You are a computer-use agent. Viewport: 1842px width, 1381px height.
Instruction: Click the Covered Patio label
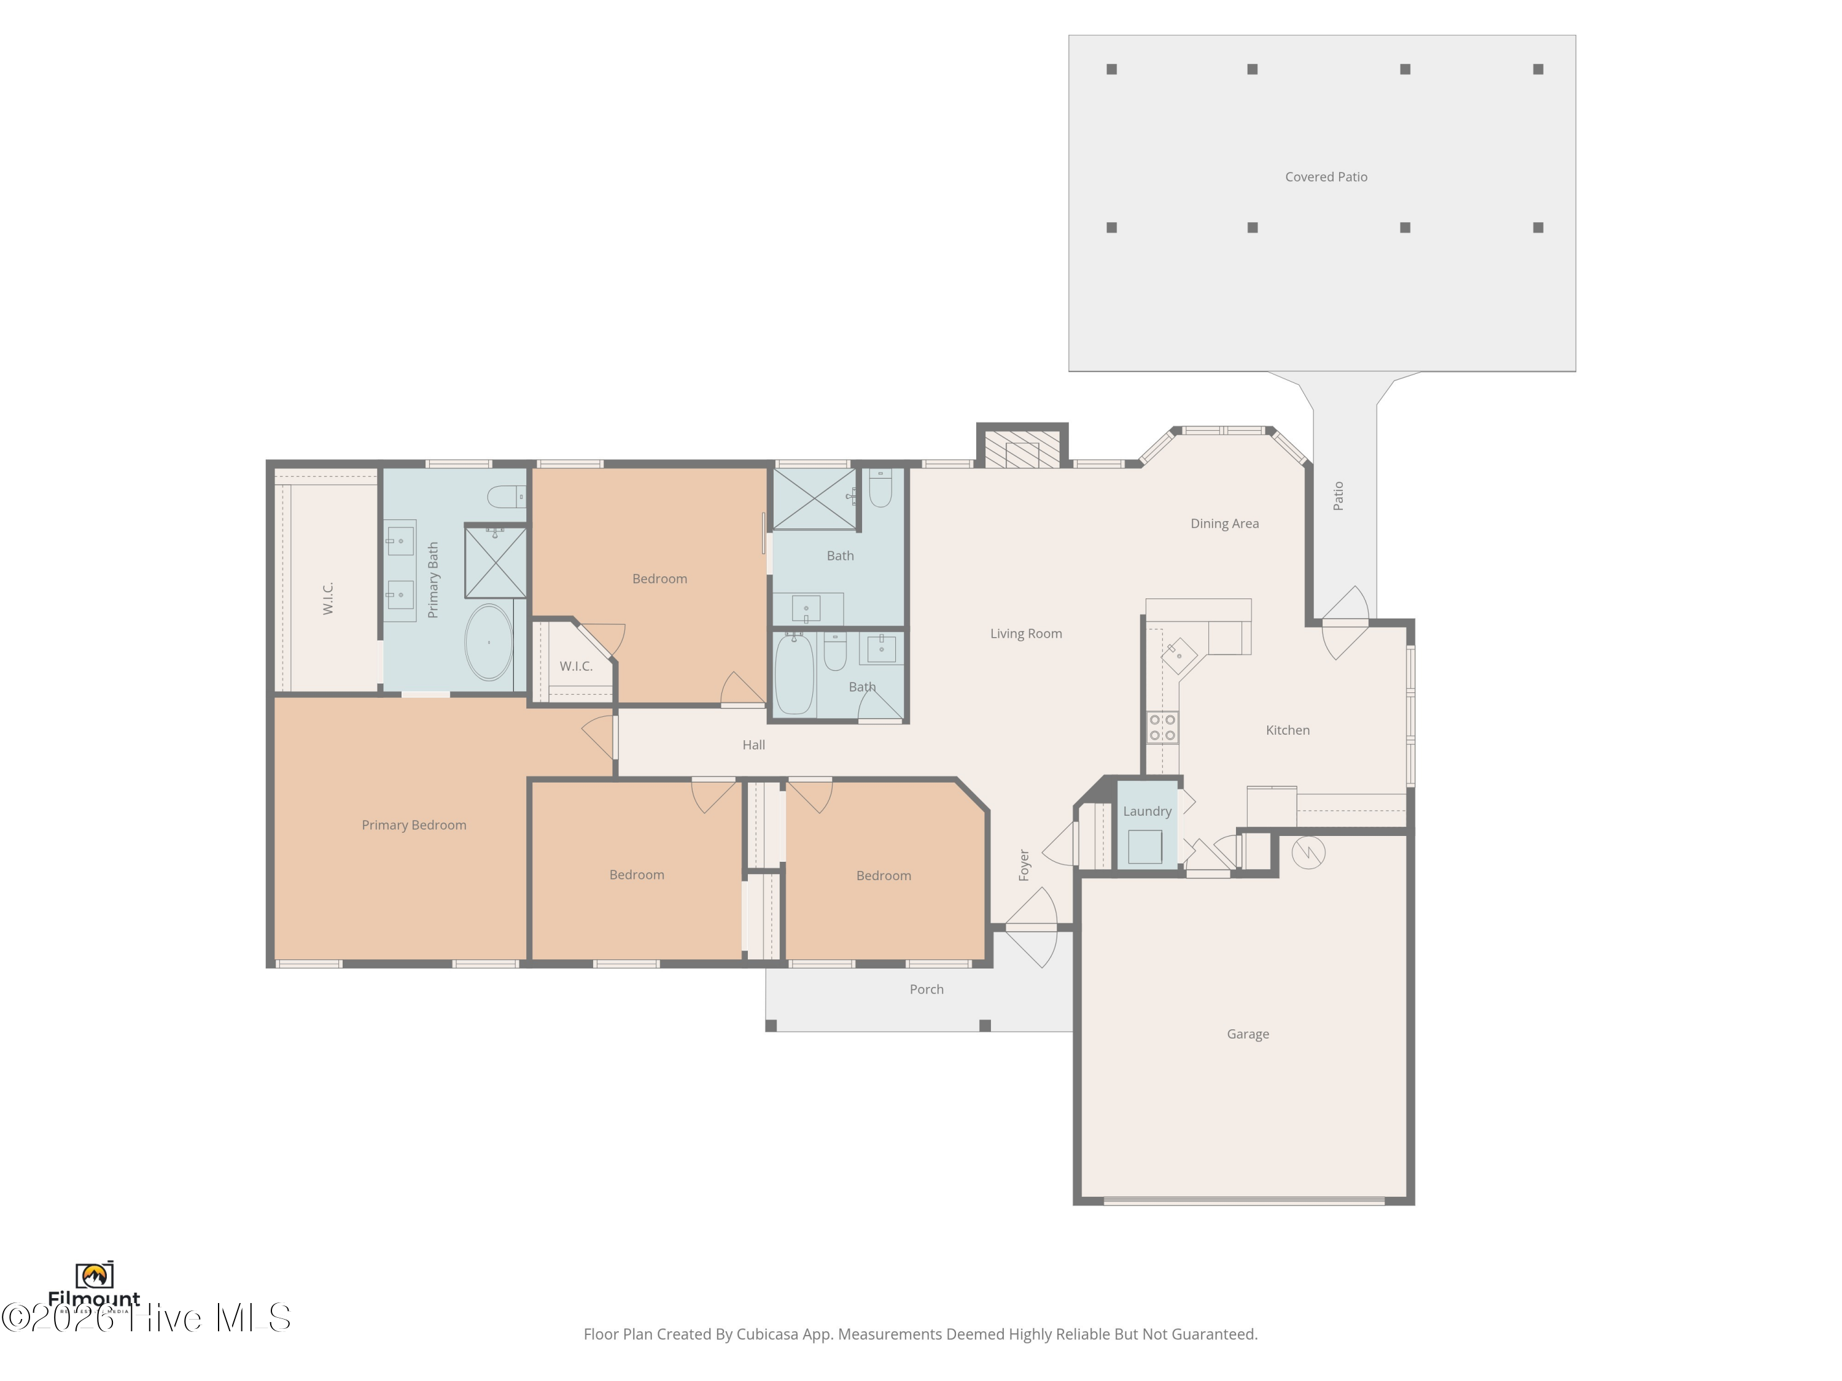click(x=1326, y=177)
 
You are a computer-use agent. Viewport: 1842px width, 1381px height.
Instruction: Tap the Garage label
click(x=1248, y=1034)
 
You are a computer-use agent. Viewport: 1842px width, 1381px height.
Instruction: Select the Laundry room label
click(x=1147, y=811)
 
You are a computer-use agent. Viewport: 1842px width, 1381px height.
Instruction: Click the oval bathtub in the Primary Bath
click(x=489, y=643)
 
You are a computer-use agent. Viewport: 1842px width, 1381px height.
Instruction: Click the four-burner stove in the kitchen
click(x=1162, y=727)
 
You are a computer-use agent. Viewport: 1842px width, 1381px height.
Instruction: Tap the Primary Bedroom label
click(x=414, y=825)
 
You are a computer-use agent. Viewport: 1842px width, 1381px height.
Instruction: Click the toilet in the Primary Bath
click(x=505, y=498)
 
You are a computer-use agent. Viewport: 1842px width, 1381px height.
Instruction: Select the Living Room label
click(x=1026, y=633)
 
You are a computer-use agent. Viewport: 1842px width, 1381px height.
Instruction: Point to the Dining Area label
click(x=1224, y=524)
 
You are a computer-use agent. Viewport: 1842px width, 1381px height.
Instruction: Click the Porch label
click(x=926, y=989)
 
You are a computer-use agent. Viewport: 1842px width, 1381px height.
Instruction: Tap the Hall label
click(x=753, y=745)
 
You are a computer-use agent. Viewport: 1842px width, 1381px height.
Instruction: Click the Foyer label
click(x=1024, y=865)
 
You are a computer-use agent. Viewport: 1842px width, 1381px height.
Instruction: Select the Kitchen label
click(x=1288, y=730)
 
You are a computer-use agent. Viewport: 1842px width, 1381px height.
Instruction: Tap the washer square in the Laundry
click(x=1145, y=846)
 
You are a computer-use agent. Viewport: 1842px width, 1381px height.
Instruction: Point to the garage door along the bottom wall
click(x=1244, y=1201)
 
